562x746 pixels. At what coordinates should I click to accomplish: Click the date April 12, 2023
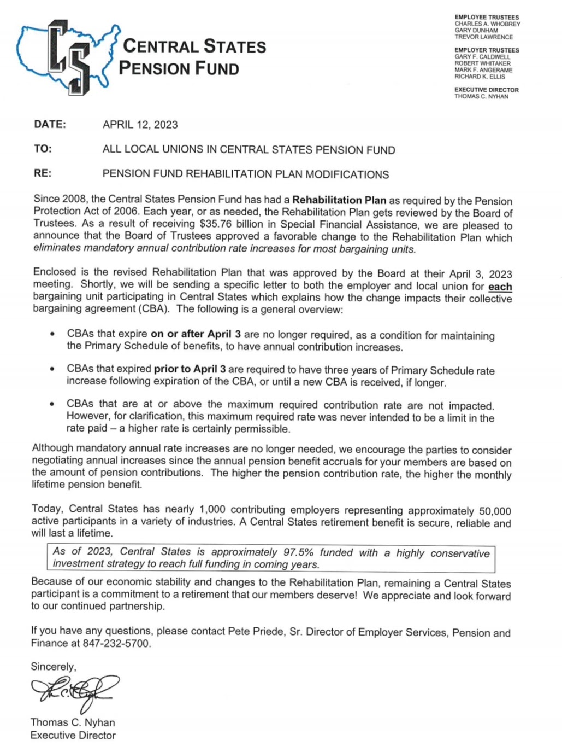(x=140, y=125)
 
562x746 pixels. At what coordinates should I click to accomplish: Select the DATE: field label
(x=50, y=124)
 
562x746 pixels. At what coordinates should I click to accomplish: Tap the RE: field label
(x=43, y=173)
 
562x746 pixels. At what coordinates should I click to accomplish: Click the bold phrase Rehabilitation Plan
(x=339, y=200)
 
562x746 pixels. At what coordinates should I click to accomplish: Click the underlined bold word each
(x=500, y=287)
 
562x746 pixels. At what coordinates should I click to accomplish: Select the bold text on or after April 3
(x=195, y=334)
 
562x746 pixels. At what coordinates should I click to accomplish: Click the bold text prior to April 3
(x=190, y=369)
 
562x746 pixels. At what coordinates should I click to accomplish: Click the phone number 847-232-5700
(x=116, y=644)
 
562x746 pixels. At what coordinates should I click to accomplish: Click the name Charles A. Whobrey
(x=487, y=24)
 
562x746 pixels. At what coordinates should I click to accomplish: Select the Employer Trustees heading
(x=487, y=50)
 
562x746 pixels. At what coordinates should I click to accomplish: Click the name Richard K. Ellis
(x=480, y=77)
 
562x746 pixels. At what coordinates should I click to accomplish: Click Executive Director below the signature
(x=73, y=735)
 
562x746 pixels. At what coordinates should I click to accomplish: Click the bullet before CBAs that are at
(x=51, y=404)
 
